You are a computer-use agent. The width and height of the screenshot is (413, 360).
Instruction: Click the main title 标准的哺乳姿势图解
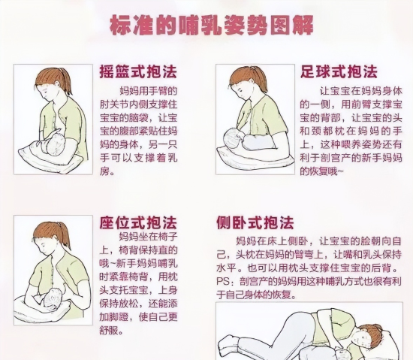212,26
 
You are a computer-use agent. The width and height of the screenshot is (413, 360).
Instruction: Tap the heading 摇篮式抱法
138,71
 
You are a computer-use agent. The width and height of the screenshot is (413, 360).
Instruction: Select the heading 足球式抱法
339,71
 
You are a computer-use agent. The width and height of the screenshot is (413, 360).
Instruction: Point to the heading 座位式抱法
138,222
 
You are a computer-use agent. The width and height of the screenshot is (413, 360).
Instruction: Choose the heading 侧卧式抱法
255,222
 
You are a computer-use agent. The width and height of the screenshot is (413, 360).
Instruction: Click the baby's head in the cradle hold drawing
55,144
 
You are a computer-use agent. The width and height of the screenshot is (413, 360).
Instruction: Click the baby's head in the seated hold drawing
53,300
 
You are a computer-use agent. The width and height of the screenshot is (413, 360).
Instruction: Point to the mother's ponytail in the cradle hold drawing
67,80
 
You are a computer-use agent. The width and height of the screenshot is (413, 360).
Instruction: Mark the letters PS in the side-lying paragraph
222,282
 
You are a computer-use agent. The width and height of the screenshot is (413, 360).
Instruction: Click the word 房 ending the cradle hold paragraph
104,171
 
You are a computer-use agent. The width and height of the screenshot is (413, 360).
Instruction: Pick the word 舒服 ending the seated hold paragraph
108,330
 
